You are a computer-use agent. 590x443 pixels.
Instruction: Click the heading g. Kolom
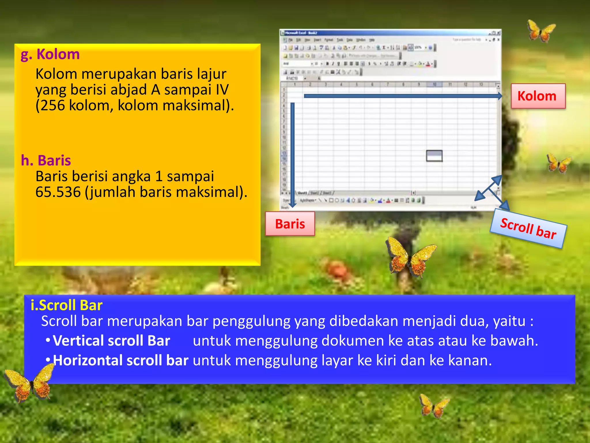50,54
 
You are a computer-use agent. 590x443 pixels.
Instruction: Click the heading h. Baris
46,160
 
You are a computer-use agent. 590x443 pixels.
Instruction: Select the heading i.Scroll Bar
67,305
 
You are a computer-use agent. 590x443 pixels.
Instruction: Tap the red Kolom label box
538,96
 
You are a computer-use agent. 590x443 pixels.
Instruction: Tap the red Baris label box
290,224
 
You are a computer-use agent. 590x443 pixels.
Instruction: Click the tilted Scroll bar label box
528,229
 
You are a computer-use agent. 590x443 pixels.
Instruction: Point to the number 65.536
58,192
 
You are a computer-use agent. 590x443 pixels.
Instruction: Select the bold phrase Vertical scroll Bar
111,341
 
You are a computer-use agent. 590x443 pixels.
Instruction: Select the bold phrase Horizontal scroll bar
121,360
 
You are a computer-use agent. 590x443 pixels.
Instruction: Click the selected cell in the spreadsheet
434,156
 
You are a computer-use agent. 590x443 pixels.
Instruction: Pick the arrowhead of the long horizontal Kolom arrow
500,96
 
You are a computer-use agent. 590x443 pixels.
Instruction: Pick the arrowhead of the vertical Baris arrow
292,204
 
